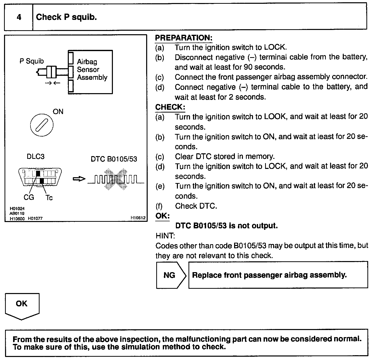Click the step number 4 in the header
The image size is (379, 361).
coord(19,17)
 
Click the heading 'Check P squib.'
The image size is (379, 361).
coord(66,17)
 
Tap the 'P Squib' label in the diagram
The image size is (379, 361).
coord(31,61)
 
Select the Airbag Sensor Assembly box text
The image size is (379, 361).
coord(92,69)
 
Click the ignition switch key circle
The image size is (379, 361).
coord(42,125)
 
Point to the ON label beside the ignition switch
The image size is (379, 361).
coord(58,112)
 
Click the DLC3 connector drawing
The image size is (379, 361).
coord(40,177)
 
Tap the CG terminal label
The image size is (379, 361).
coord(29,197)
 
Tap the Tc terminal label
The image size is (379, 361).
coord(49,198)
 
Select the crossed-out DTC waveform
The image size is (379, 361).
coord(116,179)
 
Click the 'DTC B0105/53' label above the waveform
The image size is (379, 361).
coord(114,159)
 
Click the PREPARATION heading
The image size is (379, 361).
coord(184,38)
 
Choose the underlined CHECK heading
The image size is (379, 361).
coord(170,107)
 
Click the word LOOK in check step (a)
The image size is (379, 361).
coord(275,117)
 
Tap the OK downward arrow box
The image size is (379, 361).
coord(22,305)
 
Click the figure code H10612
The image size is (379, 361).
coord(138,218)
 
